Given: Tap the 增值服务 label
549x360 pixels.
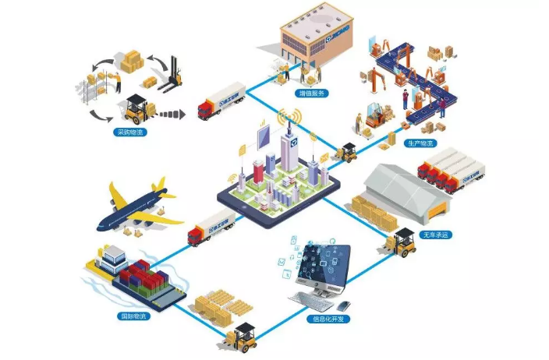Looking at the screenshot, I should click(311, 93).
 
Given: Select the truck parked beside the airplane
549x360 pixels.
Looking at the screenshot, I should click(211, 225).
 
